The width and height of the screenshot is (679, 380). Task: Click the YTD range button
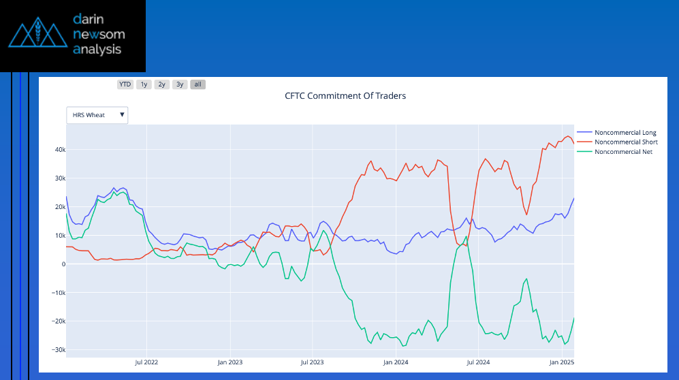[x=125, y=84]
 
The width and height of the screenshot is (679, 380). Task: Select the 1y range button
[x=144, y=84]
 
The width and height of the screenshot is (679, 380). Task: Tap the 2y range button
[x=161, y=84]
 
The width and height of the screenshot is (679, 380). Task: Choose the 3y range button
[x=180, y=84]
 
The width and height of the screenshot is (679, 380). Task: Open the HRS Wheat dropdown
[x=97, y=115]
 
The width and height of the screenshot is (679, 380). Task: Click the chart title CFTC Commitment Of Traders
[x=345, y=96]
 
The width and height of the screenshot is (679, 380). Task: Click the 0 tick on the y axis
[x=62, y=264]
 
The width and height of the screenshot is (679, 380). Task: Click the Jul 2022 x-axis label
[x=147, y=363]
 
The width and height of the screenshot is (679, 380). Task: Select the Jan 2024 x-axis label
[x=396, y=363]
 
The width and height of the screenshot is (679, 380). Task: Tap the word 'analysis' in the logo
[x=97, y=49]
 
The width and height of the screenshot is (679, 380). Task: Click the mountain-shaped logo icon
[x=38, y=35]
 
